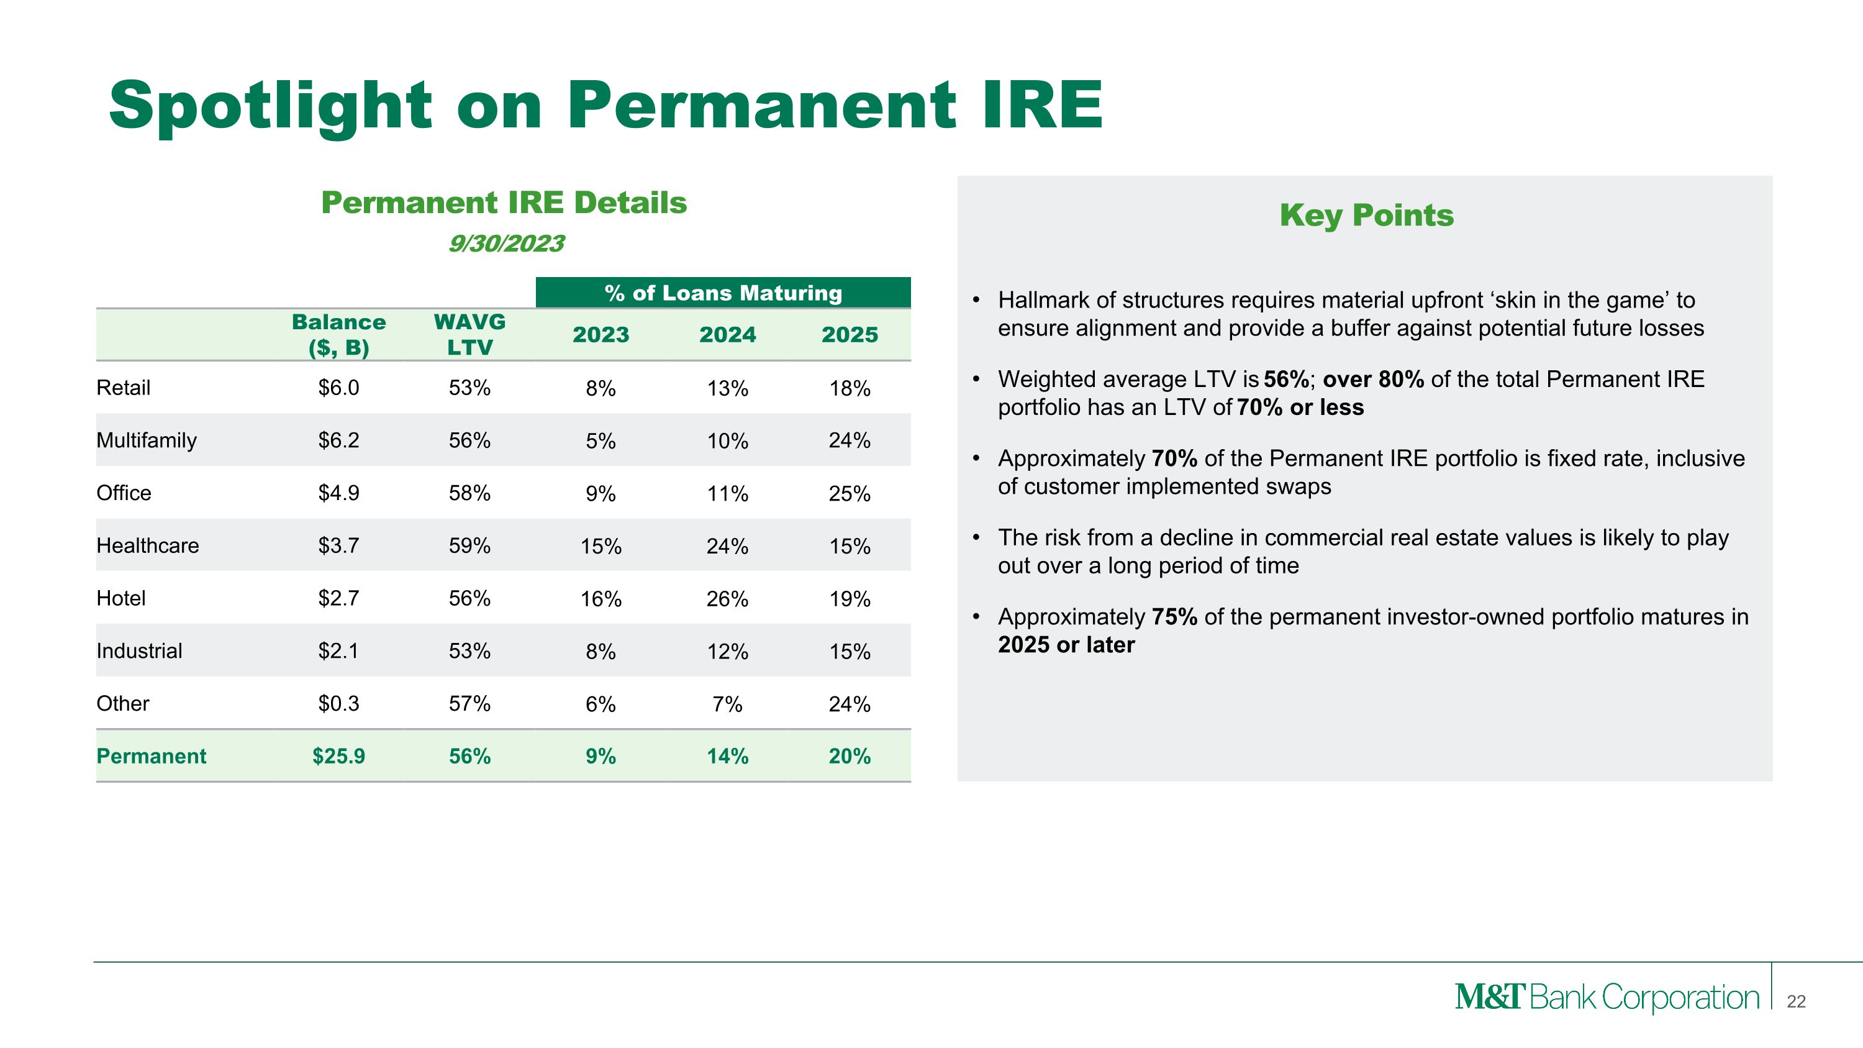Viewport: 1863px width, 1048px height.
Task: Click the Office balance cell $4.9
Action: tap(338, 493)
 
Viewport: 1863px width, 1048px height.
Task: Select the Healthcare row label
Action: tap(148, 545)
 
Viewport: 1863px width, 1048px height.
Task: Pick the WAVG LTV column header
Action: tap(469, 334)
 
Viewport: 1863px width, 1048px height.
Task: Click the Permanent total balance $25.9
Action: tap(338, 756)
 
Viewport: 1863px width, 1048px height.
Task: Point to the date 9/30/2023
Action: tap(506, 244)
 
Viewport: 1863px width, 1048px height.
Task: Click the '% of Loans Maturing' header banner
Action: tap(723, 293)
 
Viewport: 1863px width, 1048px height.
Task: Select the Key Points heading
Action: tap(1366, 216)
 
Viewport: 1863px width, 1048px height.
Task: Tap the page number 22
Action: tap(1796, 1001)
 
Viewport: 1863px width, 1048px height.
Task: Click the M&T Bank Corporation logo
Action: tap(1607, 998)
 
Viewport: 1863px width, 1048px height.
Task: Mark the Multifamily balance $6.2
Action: tap(338, 440)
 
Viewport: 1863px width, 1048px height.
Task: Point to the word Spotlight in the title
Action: tap(271, 106)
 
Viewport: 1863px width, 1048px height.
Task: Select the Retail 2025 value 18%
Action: tap(849, 388)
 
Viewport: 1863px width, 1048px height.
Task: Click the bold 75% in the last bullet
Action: tap(1174, 617)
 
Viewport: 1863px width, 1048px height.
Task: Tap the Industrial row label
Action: tap(139, 651)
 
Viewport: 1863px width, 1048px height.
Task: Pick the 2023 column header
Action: tap(601, 335)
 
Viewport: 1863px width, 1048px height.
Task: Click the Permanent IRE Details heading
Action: tap(504, 203)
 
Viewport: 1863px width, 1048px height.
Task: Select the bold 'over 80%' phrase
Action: tap(1372, 379)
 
